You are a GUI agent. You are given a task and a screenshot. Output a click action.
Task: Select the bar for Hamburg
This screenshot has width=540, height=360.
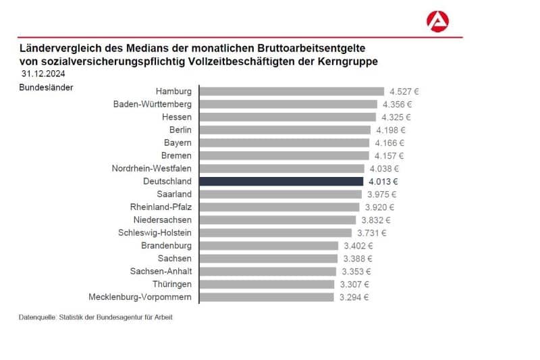click(x=292, y=91)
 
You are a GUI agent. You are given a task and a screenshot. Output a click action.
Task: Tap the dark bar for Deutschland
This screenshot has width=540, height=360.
click(x=282, y=181)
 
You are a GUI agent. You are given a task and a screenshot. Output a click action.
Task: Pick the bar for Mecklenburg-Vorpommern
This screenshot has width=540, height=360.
click(x=267, y=297)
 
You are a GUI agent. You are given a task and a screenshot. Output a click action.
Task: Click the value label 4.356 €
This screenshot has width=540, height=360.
click(x=396, y=104)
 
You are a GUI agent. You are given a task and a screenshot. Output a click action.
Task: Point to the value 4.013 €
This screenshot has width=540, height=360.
click(x=384, y=181)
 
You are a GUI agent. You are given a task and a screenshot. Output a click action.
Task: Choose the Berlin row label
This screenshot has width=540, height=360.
click(x=180, y=130)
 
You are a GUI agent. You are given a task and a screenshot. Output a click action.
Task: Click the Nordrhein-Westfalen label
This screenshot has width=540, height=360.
click(x=151, y=168)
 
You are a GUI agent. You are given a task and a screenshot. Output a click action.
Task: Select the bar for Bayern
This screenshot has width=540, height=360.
click(x=285, y=143)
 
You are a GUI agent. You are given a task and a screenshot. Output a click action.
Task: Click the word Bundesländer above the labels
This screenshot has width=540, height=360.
click(x=46, y=87)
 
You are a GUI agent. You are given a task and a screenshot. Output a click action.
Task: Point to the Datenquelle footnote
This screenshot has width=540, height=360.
click(x=95, y=317)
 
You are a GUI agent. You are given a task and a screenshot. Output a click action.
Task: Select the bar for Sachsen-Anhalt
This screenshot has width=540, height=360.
click(x=268, y=272)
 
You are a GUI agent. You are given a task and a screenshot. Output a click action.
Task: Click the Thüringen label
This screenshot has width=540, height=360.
click(x=171, y=284)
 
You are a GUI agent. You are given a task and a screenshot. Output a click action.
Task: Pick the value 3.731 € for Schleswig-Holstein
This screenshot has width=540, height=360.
click(x=371, y=233)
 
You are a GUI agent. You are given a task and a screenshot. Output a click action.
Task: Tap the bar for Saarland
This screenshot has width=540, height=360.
click(x=281, y=194)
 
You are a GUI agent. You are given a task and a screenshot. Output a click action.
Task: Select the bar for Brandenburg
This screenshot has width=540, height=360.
click(x=269, y=246)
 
